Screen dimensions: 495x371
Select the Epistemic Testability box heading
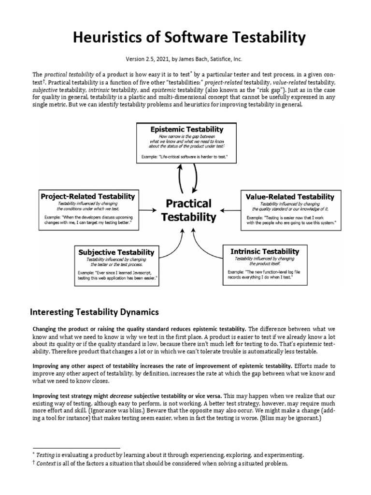[x=186, y=129]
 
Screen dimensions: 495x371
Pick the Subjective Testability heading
[x=116, y=252]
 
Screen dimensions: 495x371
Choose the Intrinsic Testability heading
[x=264, y=251]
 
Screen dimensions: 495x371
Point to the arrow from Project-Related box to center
[x=147, y=211]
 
